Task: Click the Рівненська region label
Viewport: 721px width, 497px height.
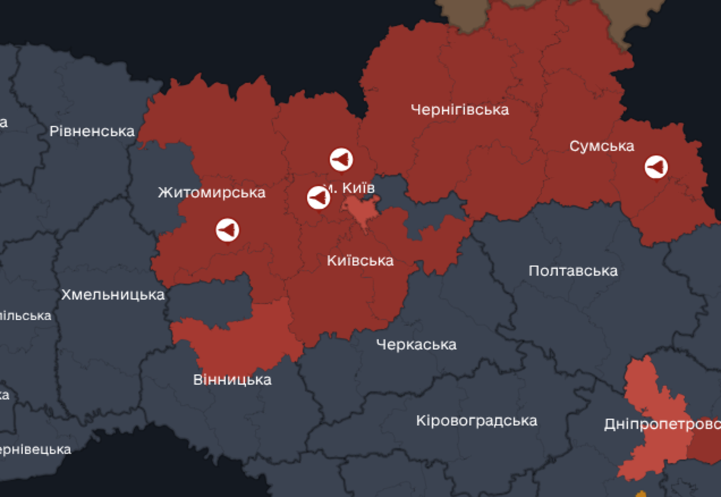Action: [x=92, y=131]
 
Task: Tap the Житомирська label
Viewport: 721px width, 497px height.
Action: [x=211, y=192]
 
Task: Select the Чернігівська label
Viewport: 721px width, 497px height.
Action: [x=460, y=110]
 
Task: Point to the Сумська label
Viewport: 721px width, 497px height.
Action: [x=602, y=146]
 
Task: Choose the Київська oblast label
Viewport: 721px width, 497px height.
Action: [x=360, y=261]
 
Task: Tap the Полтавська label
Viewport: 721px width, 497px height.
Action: [x=573, y=271]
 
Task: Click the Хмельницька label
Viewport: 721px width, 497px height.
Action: [x=113, y=295]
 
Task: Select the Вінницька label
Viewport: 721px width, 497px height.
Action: [x=232, y=380]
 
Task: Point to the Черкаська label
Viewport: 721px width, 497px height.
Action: [x=416, y=345]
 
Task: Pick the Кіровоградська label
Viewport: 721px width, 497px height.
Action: [x=476, y=420]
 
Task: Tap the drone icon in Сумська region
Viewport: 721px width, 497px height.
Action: [x=656, y=167]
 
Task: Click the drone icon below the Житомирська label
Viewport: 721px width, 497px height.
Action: [x=227, y=230]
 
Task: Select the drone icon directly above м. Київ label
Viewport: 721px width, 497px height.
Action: [x=341, y=160]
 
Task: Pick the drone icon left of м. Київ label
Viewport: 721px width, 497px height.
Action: [x=319, y=197]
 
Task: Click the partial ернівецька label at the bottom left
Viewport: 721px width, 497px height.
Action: [x=35, y=449]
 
